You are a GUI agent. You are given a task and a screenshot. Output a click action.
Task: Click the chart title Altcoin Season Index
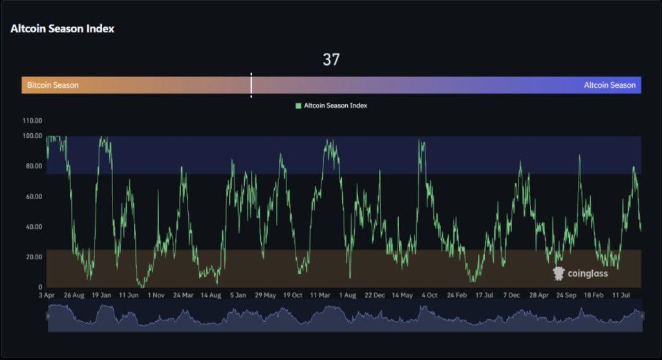[62, 28]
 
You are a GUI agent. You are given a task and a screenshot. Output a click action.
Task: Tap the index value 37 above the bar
[331, 60]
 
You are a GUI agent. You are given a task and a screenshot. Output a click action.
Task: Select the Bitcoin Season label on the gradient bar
[53, 85]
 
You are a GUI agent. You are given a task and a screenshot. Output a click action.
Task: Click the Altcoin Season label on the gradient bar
[610, 85]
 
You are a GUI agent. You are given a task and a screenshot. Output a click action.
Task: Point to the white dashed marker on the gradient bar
[251, 85]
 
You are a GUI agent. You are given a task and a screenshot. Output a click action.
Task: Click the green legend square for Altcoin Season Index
[299, 105]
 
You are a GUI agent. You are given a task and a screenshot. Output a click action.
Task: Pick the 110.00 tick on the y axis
[32, 121]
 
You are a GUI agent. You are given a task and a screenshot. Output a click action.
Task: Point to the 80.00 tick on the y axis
[32, 166]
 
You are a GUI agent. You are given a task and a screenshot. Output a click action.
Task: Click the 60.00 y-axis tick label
[32, 196]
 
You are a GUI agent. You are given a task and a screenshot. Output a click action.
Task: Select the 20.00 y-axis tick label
[32, 257]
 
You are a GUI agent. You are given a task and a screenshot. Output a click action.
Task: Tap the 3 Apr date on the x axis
[47, 295]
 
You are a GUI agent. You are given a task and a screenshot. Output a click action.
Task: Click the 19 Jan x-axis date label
[101, 295]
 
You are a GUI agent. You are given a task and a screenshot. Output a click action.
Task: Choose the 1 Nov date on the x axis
[156, 295]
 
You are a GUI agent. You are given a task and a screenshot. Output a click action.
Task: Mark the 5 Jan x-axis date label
[238, 295]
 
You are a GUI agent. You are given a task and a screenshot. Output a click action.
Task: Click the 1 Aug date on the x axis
[347, 295]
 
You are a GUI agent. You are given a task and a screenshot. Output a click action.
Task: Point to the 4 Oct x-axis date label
[429, 295]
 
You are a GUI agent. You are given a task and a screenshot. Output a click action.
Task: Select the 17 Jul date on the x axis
[484, 295]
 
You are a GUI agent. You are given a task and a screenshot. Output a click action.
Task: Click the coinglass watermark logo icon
[559, 273]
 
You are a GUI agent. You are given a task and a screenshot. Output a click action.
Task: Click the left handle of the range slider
[47, 316]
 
